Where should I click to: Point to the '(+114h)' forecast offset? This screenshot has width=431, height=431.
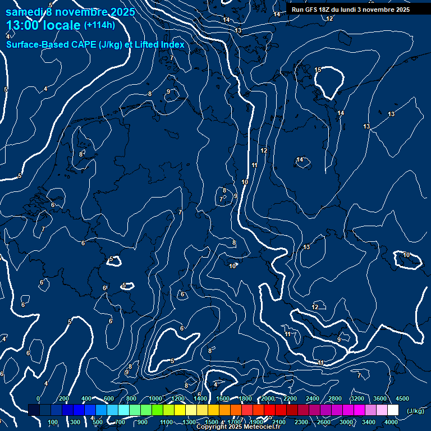99,25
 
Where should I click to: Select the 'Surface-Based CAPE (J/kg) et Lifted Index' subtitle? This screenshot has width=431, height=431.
95,44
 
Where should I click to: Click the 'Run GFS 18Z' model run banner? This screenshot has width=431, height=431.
351,10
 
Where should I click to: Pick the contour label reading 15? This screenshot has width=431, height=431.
318,70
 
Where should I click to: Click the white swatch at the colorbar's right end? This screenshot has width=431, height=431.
393,410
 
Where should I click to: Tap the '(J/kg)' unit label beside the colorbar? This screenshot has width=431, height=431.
415,411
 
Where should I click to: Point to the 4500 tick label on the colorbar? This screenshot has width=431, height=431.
402,398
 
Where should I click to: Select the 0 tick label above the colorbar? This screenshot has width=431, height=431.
38,398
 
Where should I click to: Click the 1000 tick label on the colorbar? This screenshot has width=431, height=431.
155,398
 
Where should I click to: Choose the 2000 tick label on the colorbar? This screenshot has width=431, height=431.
268,398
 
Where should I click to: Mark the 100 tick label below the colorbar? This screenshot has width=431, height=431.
53,422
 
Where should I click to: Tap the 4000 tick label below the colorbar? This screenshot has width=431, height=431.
391,422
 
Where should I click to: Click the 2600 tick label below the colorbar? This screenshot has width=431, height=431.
324,422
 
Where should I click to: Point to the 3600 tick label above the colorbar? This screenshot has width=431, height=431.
380,398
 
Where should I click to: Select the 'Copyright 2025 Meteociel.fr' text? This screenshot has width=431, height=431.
238,427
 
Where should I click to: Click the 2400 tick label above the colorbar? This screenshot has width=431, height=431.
313,398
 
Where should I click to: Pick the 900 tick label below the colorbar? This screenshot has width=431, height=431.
143,422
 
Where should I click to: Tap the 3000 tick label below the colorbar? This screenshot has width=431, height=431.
346,422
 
